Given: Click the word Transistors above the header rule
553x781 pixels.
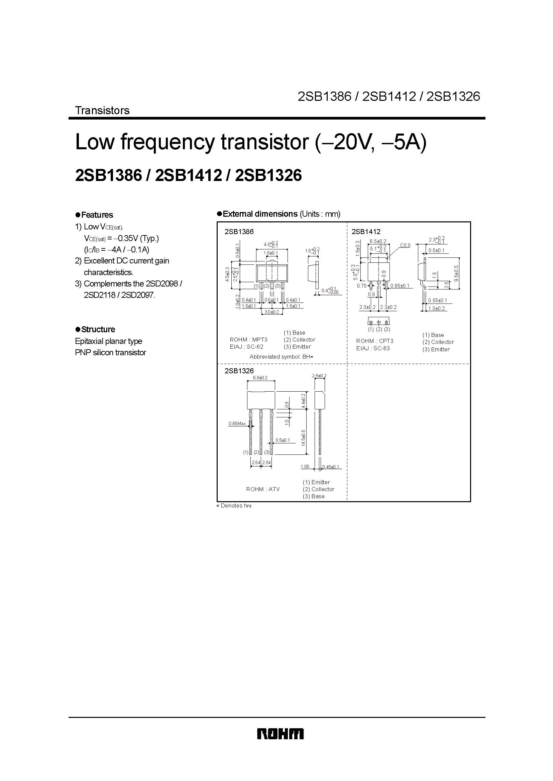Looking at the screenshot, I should coord(102,110).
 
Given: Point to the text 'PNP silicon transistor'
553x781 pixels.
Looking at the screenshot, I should coord(110,352).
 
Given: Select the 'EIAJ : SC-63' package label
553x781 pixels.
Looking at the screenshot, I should coord(373,348).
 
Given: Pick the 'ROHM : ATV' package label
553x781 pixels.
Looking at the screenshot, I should coord(263,489).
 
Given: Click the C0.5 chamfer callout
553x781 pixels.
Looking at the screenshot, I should coord(405,245).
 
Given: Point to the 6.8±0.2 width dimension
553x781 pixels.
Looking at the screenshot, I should coord(260,378).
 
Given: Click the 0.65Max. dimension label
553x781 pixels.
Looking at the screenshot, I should coord(237,423).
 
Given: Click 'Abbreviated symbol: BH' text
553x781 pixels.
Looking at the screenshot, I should coord(281,357).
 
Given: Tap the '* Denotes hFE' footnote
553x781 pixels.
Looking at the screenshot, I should coord(234,506).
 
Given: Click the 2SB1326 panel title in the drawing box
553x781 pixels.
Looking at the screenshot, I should coord(239,371).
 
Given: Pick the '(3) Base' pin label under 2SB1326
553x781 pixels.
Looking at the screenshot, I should coord(313,496).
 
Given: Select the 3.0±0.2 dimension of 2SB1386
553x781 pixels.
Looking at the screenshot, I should coord(272,312).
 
